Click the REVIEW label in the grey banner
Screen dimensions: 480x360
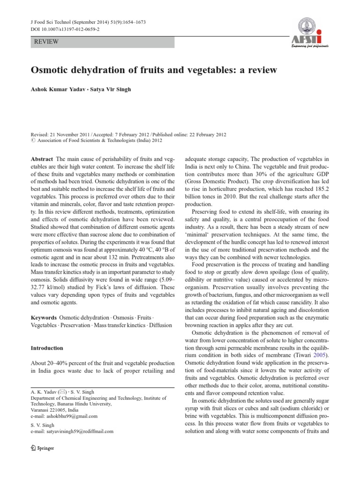46,42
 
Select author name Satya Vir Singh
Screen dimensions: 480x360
111,90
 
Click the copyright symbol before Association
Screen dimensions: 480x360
33,140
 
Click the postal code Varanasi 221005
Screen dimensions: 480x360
50,409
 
